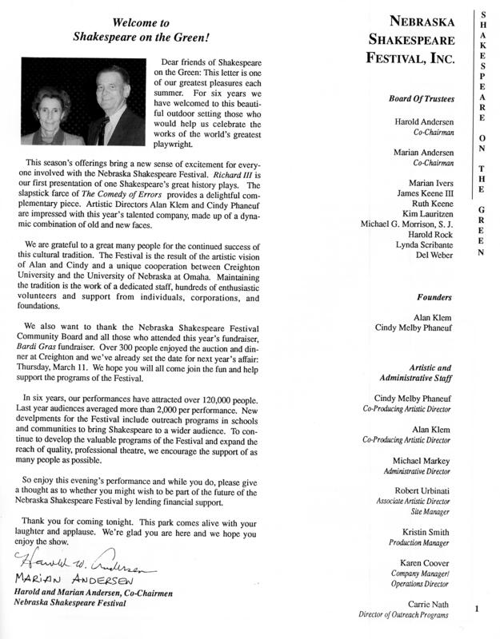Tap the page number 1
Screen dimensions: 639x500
[x=477, y=610]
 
